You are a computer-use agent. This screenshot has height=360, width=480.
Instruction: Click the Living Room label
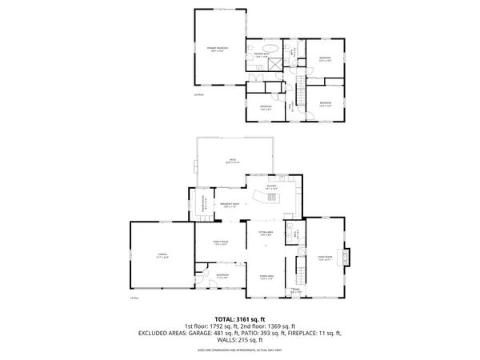point(325,258)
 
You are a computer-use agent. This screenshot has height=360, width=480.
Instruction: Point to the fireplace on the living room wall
point(346,258)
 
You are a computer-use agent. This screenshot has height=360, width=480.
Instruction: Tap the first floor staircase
point(302,268)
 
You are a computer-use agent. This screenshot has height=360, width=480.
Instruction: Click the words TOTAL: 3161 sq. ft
point(240,318)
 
